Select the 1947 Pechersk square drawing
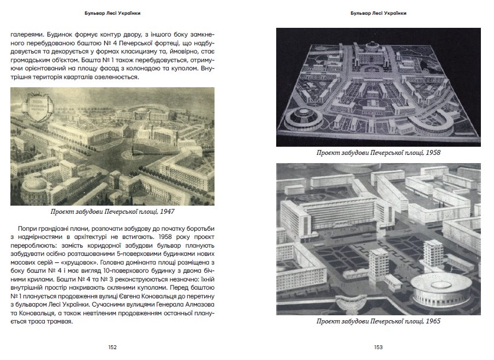coord(112,146)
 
